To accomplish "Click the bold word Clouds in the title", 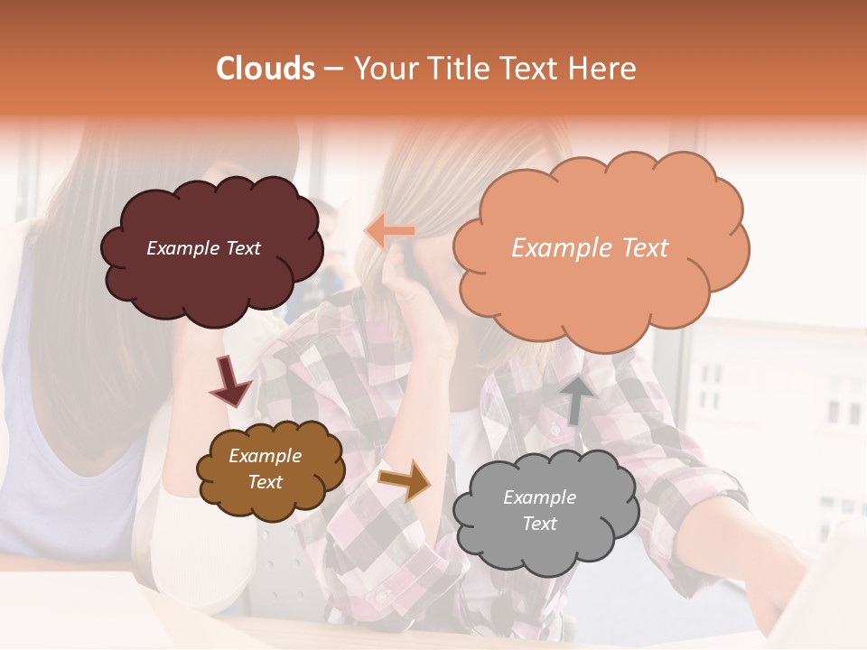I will tap(266, 69).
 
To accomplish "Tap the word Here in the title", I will tap(603, 69).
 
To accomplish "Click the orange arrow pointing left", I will tap(390, 232).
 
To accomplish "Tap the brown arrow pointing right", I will tap(405, 479).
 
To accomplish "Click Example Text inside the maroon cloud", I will tap(203, 248).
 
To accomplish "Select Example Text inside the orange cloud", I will tap(590, 248).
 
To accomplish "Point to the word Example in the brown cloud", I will tap(265, 457).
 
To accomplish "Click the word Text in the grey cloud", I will tap(539, 524).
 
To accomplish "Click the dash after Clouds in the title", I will tap(332, 69).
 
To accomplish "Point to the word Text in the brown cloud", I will tap(265, 482).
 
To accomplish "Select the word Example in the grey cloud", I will tap(539, 497).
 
